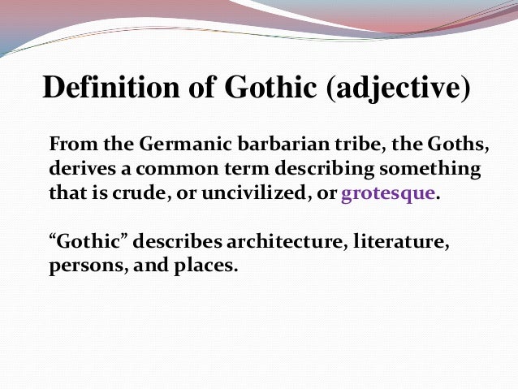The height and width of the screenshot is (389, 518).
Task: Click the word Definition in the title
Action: (x=101, y=87)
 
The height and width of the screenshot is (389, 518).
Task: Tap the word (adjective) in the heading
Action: (x=397, y=89)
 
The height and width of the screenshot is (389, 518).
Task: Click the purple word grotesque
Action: (x=389, y=197)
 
